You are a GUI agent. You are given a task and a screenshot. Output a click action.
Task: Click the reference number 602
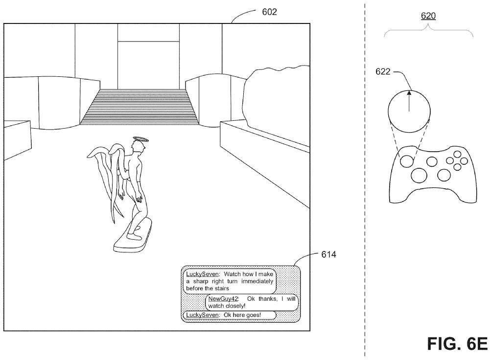coord(269,12)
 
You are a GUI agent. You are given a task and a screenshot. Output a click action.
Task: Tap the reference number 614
coord(328,254)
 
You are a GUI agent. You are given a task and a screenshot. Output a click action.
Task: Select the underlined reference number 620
coord(428,16)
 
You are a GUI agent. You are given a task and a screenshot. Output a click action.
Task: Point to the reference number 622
coord(383,71)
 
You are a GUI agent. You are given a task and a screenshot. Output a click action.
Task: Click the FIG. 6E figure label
coord(457,344)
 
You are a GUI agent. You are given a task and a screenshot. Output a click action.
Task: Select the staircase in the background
coord(140,106)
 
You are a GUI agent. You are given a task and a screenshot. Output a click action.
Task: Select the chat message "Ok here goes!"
coord(242,315)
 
